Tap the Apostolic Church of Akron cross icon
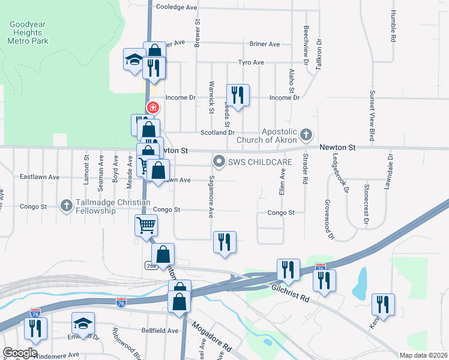[307, 134]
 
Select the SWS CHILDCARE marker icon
[219, 161]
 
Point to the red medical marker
[153, 108]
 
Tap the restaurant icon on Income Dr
[238, 95]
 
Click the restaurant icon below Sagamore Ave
[224, 242]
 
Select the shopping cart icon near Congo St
[146, 226]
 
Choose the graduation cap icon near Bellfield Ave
[83, 324]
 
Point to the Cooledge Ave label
[176, 8]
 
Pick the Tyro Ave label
[251, 62]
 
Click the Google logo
[20, 353]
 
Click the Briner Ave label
[265, 44]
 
